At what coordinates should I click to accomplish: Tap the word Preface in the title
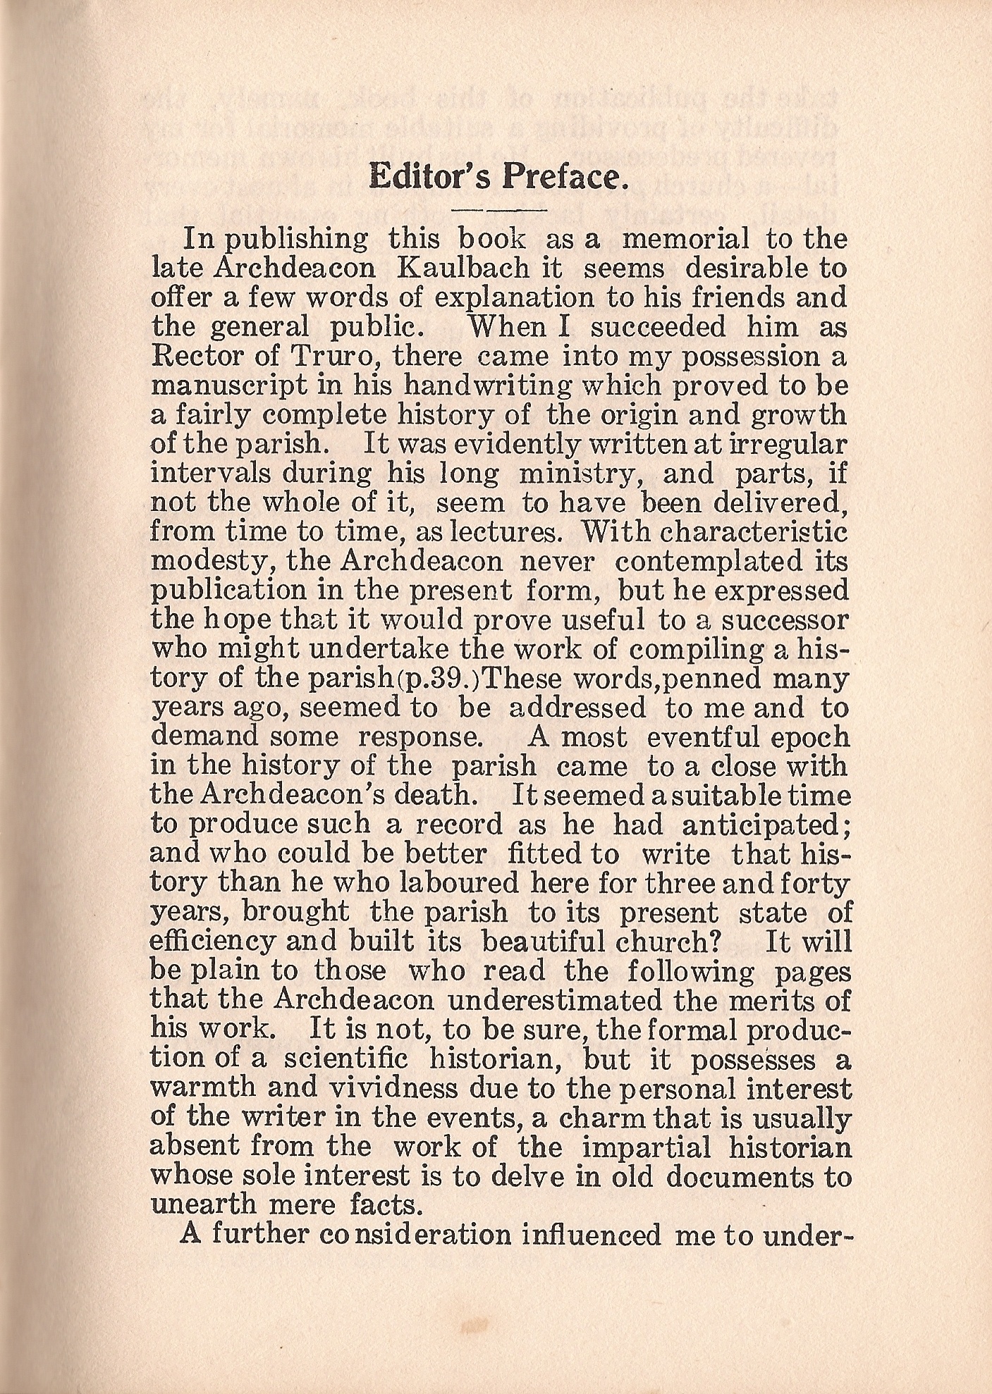pos(563,178)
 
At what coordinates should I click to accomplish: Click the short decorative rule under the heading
pos(501,210)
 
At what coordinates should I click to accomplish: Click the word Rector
pos(195,357)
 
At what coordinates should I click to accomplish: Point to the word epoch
pos(812,737)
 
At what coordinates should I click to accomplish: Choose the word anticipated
pos(764,825)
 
